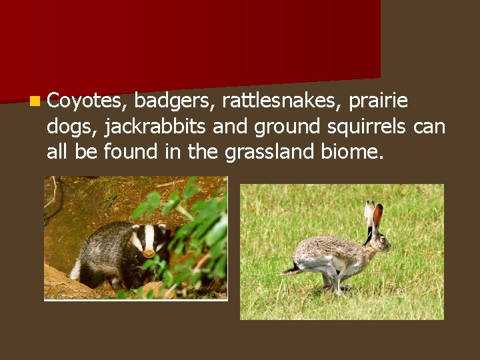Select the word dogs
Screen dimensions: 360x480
[x=72, y=127]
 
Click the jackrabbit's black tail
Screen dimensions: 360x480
[x=292, y=269]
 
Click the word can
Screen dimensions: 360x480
[x=429, y=127]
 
